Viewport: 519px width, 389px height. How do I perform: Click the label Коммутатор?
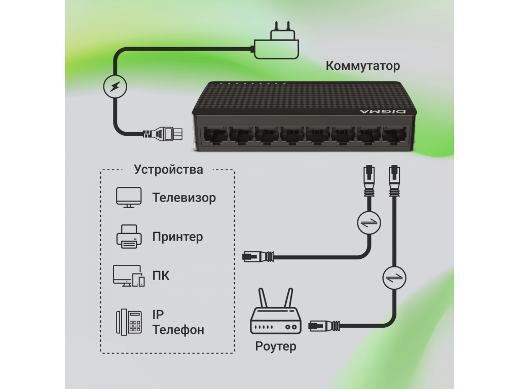[x=362, y=66]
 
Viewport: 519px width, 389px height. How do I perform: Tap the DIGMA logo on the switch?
[x=380, y=110]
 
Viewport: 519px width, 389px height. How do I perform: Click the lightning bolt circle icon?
[x=115, y=87]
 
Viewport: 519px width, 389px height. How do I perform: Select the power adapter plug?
[x=277, y=41]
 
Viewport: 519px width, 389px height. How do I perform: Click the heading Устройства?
[x=168, y=169]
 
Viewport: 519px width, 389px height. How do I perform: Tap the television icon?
[x=129, y=197]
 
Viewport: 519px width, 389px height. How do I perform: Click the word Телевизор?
[x=184, y=198]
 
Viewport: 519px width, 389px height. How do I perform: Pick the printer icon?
[x=129, y=236]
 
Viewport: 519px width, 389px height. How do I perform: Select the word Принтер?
[x=177, y=237]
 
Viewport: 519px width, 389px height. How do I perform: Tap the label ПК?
[x=161, y=276]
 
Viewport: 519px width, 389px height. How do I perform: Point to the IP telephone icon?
[x=129, y=322]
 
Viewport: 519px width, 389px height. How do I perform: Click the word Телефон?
[x=178, y=330]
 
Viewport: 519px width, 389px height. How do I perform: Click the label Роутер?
[x=276, y=346]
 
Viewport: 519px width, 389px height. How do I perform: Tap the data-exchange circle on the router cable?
[x=395, y=277]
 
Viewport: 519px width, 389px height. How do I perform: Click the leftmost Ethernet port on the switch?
[x=215, y=135]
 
